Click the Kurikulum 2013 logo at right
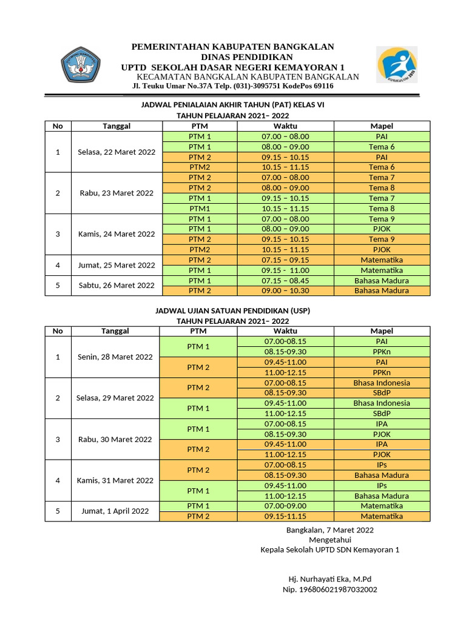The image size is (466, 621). coord(396,65)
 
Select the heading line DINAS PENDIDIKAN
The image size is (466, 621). coord(234,56)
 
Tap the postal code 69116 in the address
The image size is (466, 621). coord(322,86)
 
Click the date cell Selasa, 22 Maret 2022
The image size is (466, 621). coord(116,152)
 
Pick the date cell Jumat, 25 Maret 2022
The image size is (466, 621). coord(116,265)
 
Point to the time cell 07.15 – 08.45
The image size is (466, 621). coord(285,281)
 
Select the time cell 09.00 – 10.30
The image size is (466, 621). coord(285,290)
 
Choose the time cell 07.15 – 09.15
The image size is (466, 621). coord(285,260)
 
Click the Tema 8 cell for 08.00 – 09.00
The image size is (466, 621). coord(382,188)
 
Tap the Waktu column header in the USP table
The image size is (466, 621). coord(285,331)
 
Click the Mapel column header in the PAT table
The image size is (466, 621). coord(382,126)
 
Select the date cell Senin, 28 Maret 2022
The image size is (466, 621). coord(115,357)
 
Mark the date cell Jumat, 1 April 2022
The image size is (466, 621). coord(115,511)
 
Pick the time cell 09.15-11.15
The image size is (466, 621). coord(285,516)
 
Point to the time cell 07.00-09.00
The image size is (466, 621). coord(285,506)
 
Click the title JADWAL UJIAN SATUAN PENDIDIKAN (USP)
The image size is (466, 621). coord(233,310)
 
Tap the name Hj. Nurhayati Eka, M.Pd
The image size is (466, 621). coord(329,579)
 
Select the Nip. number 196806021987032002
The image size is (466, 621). coord(329,589)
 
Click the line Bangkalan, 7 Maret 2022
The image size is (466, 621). coord(329,529)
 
